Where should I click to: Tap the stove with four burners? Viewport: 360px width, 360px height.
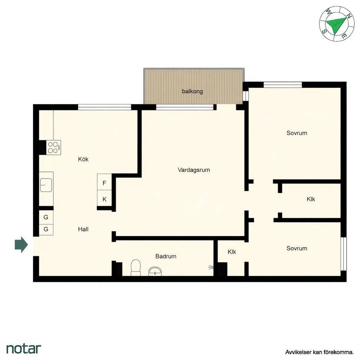(54, 147)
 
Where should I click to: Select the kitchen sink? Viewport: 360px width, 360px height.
(46, 185)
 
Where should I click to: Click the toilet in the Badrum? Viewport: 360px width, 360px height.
(135, 268)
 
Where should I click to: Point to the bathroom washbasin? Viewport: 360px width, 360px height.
(155, 271)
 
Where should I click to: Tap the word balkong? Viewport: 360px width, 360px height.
(192, 91)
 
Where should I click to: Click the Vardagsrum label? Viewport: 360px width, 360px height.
(194, 170)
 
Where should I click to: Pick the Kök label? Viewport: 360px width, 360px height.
(83, 159)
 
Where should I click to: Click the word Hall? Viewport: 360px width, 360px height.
(83, 229)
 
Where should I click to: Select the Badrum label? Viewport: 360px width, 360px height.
(166, 256)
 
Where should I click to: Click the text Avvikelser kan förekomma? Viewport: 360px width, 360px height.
(319, 352)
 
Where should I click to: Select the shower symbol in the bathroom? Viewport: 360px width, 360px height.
(211, 267)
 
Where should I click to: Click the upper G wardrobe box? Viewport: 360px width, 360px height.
(46, 217)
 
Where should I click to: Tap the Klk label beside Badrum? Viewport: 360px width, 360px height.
(232, 252)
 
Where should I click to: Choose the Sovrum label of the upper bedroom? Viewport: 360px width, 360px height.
(297, 133)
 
